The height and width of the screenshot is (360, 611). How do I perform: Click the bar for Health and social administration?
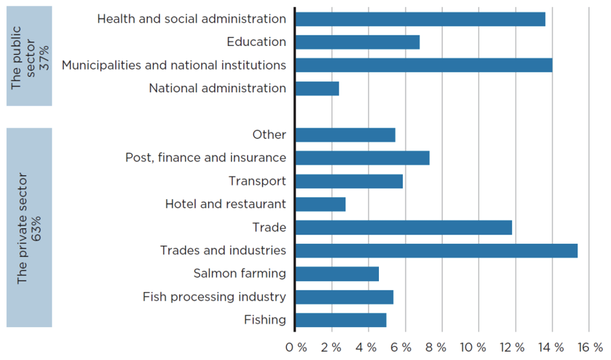[420, 19]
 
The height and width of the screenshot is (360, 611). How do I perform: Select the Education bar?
[358, 42]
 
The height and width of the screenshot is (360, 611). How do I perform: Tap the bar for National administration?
[317, 89]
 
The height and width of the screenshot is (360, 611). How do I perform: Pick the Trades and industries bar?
[436, 251]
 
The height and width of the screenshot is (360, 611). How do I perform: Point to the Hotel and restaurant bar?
[321, 204]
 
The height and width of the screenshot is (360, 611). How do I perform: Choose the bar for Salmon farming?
[337, 274]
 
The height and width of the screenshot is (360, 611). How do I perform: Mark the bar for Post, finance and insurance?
[362, 158]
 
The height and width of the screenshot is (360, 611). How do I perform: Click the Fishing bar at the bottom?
[341, 321]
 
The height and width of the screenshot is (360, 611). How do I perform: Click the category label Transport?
[257, 181]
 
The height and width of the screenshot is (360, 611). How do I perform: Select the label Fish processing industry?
[214, 297]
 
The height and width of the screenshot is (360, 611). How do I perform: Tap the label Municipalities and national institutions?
[174, 65]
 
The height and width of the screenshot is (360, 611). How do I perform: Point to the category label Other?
[269, 134]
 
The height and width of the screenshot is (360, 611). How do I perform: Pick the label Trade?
[269, 227]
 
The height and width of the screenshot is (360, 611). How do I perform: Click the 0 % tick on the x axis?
[295, 347]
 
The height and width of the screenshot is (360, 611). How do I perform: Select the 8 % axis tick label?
[436, 347]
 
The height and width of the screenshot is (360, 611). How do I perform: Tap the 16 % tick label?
[590, 347]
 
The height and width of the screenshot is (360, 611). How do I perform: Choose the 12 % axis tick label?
[512, 347]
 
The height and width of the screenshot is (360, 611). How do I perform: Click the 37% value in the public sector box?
[44, 58]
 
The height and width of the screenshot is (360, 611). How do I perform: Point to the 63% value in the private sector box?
[36, 229]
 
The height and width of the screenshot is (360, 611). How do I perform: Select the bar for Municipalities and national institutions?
[424, 65]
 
